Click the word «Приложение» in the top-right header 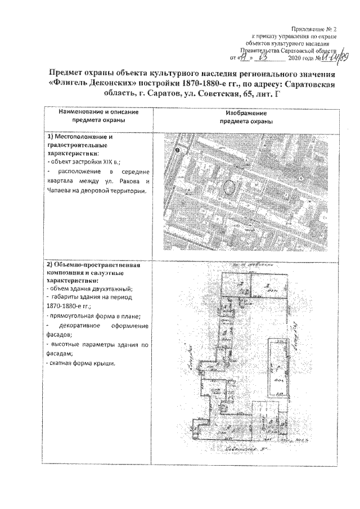[x=308, y=28]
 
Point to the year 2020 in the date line [x=295, y=58]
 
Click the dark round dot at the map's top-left [x=178, y=150]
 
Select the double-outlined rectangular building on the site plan [x=278, y=367]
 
